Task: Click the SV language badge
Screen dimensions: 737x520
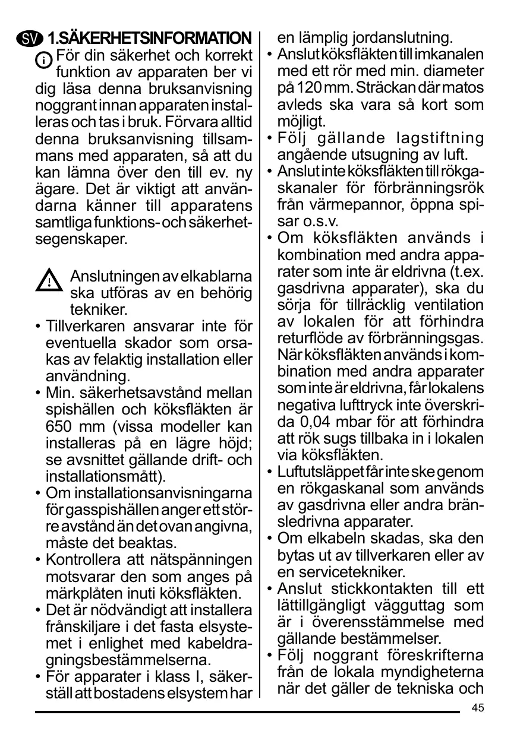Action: click(30, 40)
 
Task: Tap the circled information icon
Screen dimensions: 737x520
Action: click(44, 61)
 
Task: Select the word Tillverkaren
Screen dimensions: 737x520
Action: click(86, 327)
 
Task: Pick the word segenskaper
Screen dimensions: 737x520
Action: click(81, 241)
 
